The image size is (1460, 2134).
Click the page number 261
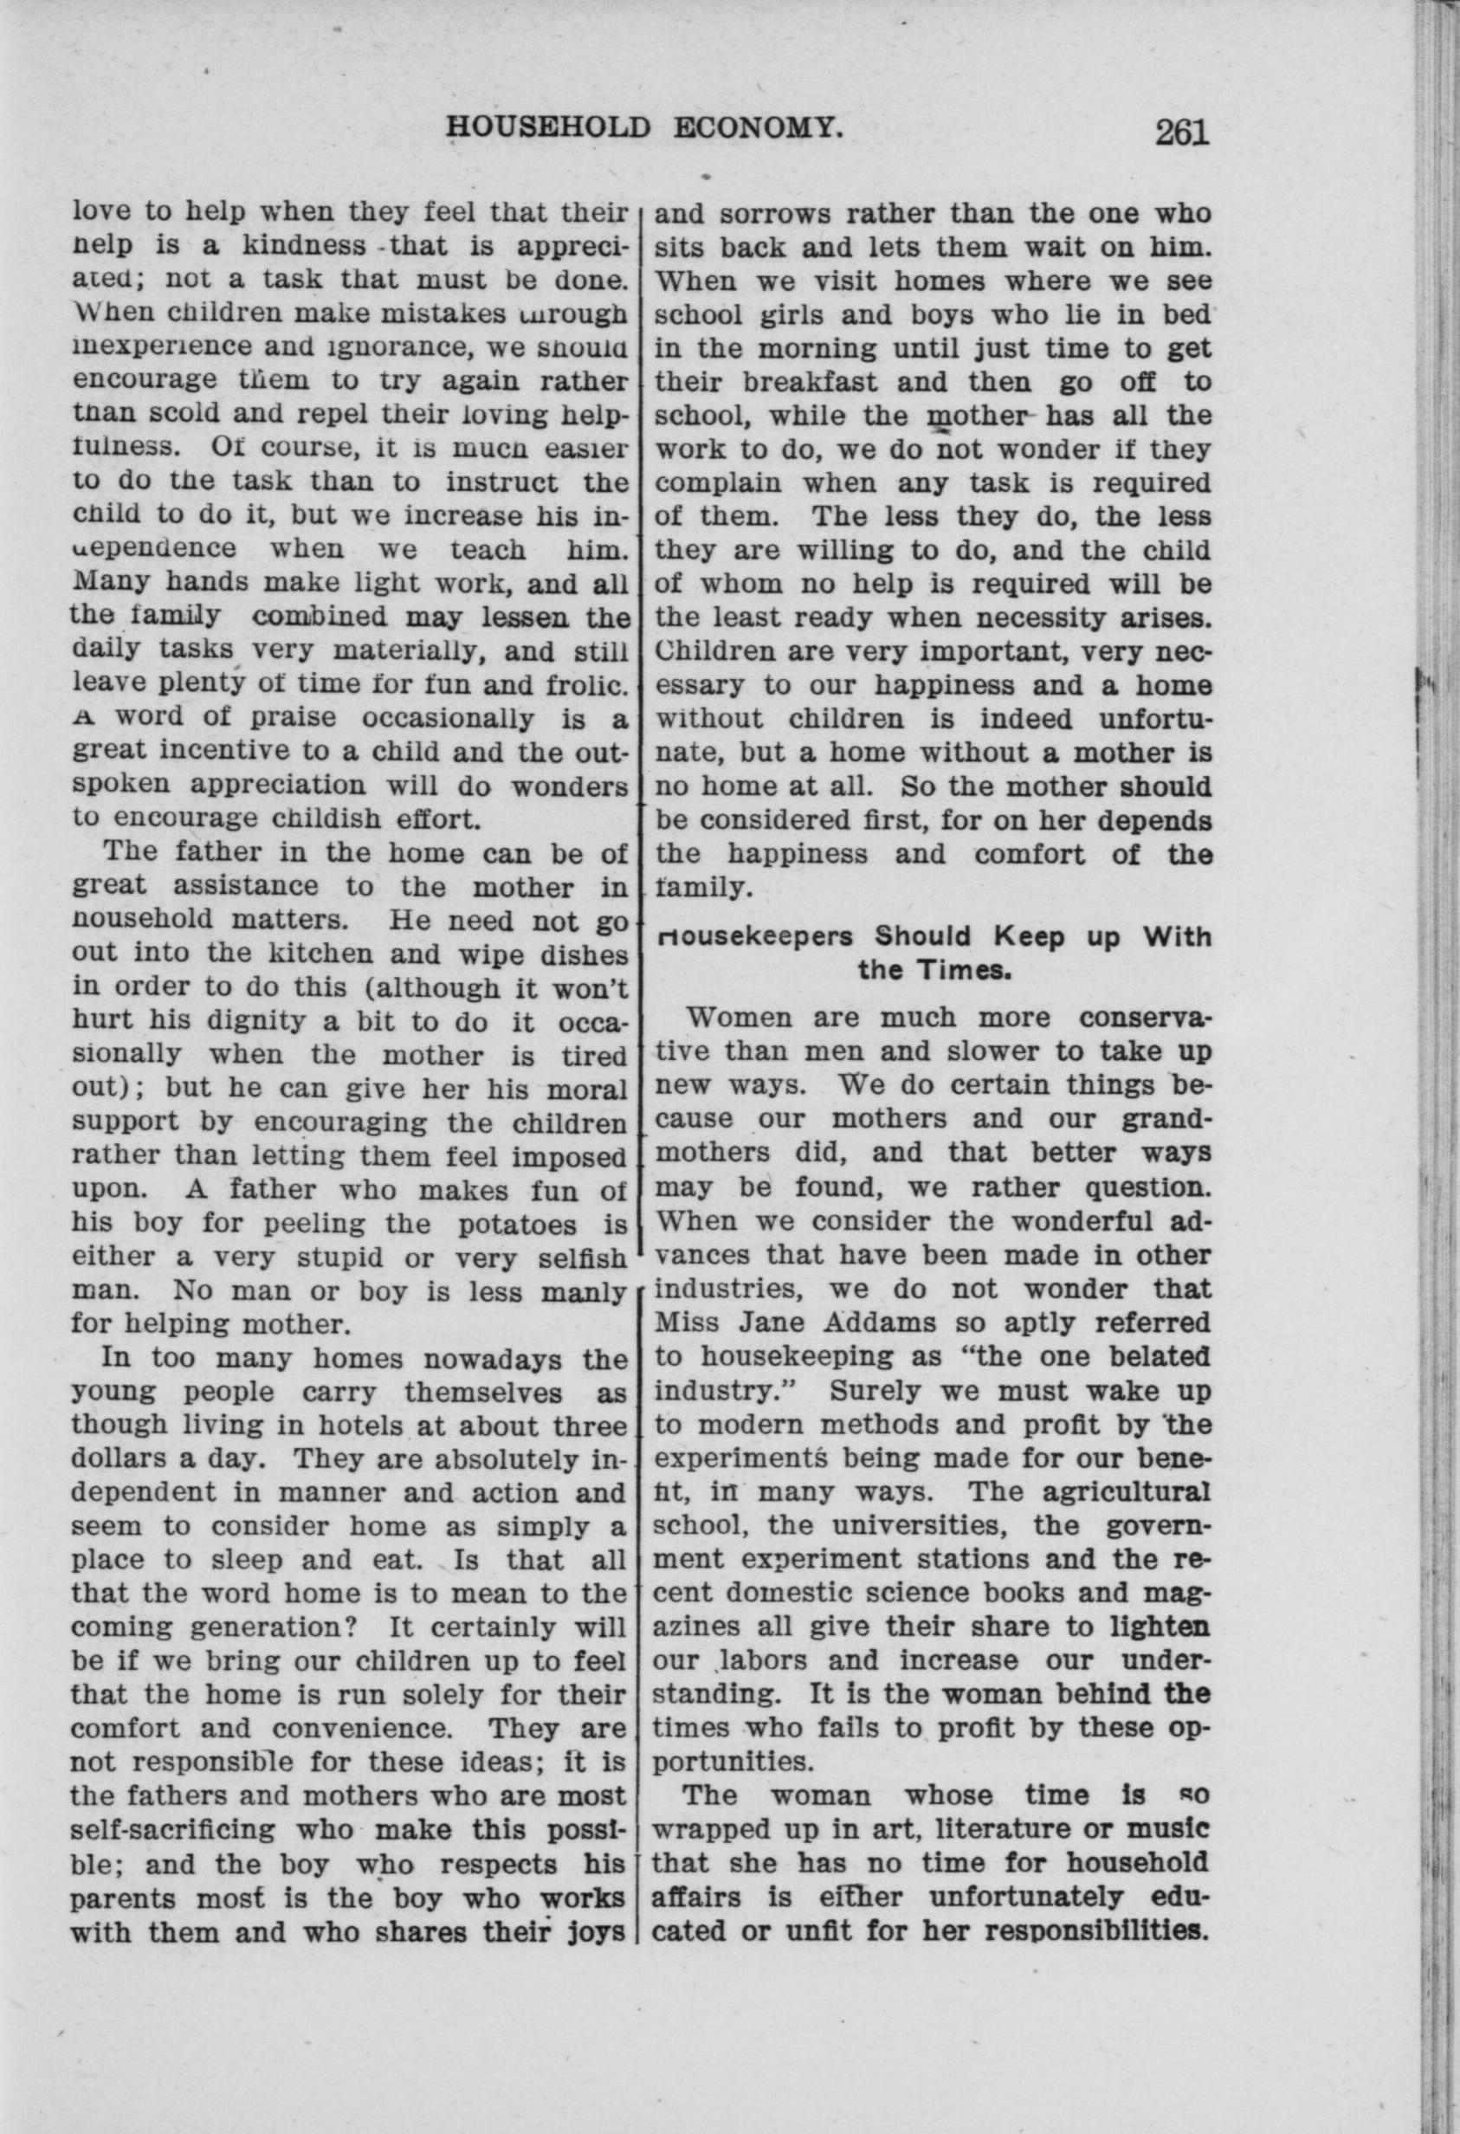click(x=1183, y=133)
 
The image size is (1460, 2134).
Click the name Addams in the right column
click(x=867, y=1323)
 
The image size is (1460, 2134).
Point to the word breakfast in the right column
click(x=811, y=382)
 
